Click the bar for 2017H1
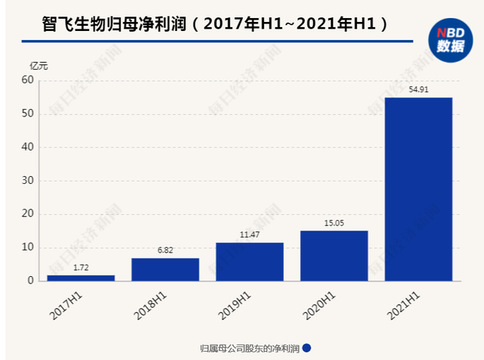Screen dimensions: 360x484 pos(81,278)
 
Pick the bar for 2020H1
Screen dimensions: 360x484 pos(334,256)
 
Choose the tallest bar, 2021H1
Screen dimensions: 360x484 pos(419,189)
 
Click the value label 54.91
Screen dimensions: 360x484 pos(419,90)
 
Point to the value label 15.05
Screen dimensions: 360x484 pos(334,223)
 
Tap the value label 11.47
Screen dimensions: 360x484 pos(250,235)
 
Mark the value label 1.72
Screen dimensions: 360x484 pos(81,268)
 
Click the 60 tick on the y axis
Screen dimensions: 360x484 pos(28,80)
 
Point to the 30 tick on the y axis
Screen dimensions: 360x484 pos(28,181)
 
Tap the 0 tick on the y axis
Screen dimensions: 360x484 pos(31,281)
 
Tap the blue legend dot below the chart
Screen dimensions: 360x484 pos(307,348)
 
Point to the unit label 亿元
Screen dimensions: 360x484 pos(39,67)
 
